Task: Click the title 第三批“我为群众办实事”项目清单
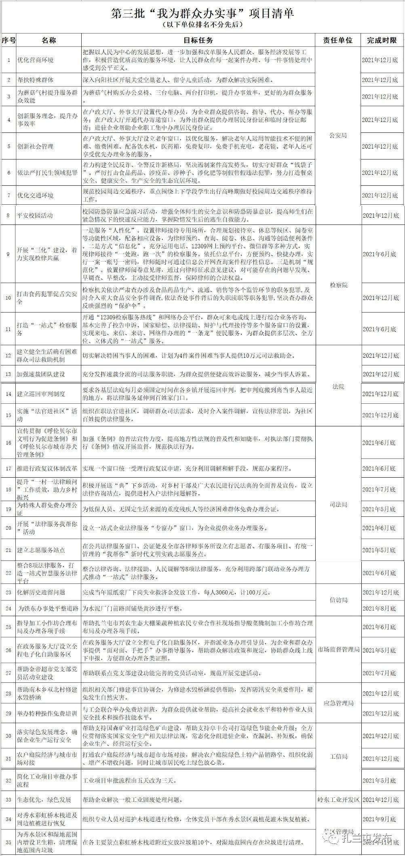click(x=202, y=13)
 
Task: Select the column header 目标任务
click(x=198, y=40)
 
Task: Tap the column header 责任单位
click(x=337, y=40)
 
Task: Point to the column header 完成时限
click(x=382, y=40)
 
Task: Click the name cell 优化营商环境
click(x=35, y=60)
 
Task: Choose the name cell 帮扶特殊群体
click(x=35, y=80)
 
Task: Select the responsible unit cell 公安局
click(x=338, y=135)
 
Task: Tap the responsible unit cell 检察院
click(x=338, y=285)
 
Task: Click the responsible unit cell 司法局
click(x=338, y=505)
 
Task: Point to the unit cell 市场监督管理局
click(x=338, y=650)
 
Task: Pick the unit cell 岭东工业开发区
click(x=338, y=799)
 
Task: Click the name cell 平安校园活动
click(x=35, y=215)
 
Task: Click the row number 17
click(x=8, y=468)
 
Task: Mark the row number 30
click(x=8, y=736)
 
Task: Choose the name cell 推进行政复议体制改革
click(x=47, y=468)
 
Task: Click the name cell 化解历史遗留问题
click(x=41, y=592)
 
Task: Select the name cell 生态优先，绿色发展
click(x=44, y=799)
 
